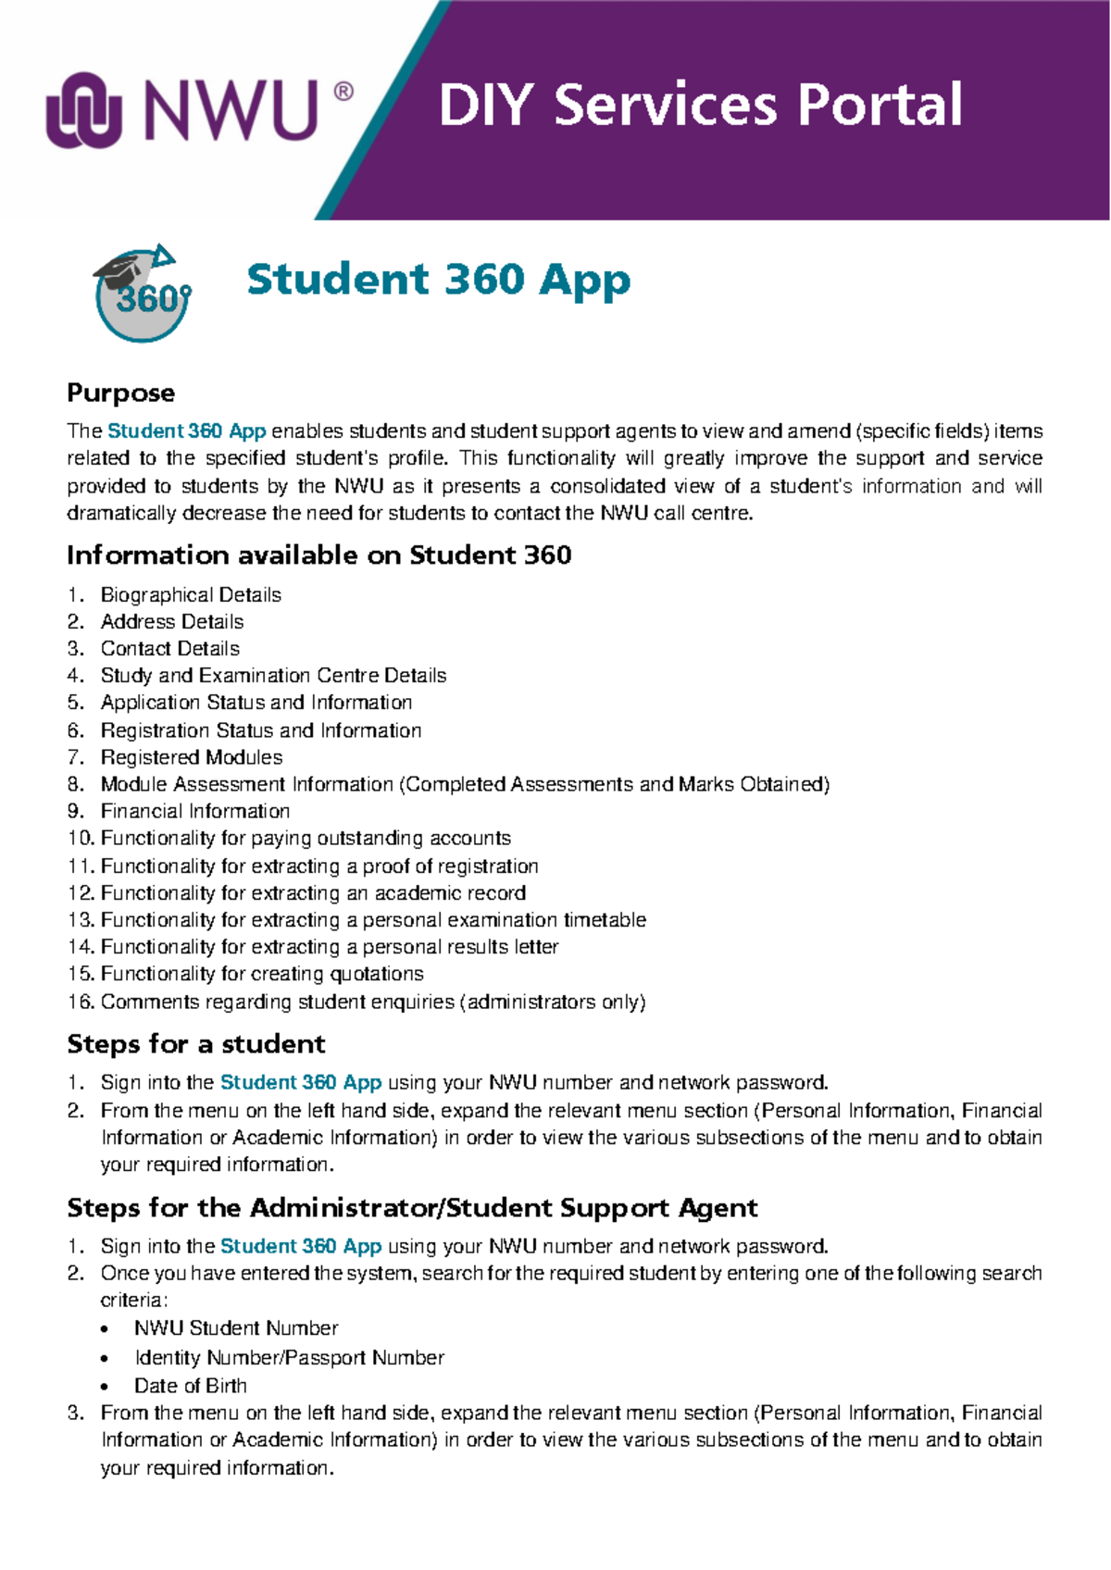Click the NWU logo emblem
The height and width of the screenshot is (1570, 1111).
pyautogui.click(x=84, y=110)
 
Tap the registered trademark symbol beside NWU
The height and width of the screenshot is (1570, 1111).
pyautogui.click(x=342, y=92)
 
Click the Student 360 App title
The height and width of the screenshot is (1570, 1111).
pyautogui.click(x=438, y=280)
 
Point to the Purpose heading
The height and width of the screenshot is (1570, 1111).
pyautogui.click(x=120, y=392)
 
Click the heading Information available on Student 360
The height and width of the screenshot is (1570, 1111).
pyautogui.click(x=318, y=554)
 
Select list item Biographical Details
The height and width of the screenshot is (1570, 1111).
pyautogui.click(x=191, y=594)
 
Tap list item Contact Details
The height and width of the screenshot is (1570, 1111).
pyautogui.click(x=170, y=648)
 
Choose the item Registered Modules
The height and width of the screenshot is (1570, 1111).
pyautogui.click(x=192, y=756)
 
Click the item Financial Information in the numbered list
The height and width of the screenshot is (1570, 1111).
pyautogui.click(x=195, y=811)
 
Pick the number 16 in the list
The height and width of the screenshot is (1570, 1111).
pyautogui.click(x=80, y=1002)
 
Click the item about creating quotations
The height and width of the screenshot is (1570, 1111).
pyautogui.click(x=262, y=974)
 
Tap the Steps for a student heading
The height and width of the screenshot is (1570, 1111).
pyautogui.click(x=195, y=1044)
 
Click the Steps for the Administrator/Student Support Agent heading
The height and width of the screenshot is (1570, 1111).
pyautogui.click(x=412, y=1208)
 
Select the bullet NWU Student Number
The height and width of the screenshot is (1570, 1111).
pyautogui.click(x=236, y=1327)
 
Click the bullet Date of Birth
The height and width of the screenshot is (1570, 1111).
pyautogui.click(x=191, y=1386)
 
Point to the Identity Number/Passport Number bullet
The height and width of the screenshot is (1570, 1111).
pyautogui.click(x=289, y=1357)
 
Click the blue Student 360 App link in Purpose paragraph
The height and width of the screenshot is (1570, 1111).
pyautogui.click(x=187, y=430)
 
